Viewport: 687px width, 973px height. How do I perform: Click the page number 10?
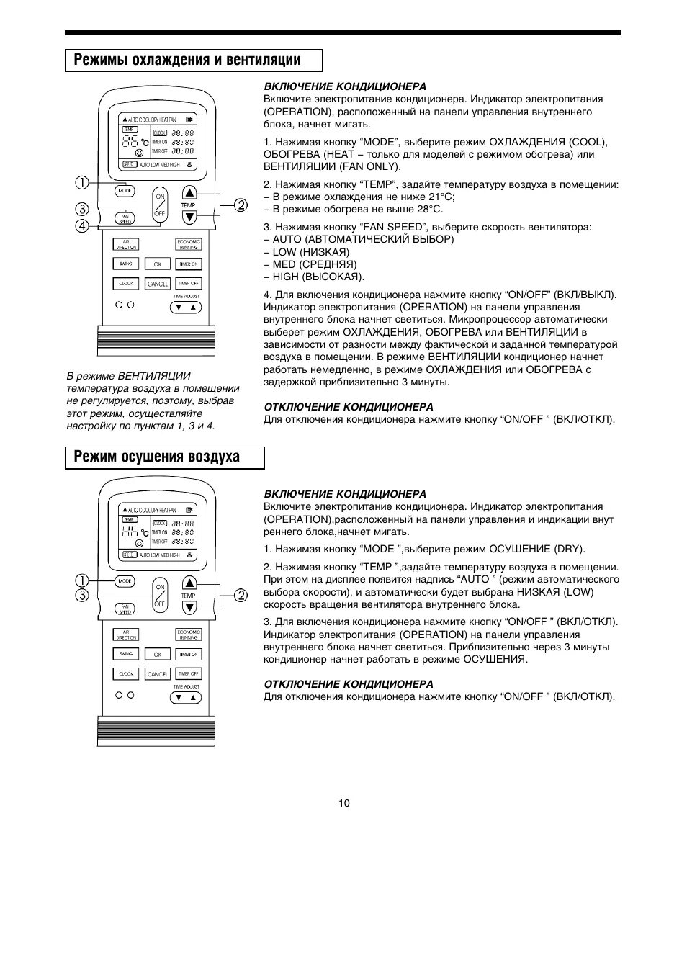coord(344,803)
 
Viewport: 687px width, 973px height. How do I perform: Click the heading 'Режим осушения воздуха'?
coord(157,457)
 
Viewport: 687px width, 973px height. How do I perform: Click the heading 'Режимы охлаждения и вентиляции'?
coord(187,60)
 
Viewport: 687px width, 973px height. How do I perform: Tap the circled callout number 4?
coord(84,226)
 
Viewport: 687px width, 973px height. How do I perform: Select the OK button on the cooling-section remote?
coord(158,264)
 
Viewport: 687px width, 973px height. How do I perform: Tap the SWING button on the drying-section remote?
coord(126,654)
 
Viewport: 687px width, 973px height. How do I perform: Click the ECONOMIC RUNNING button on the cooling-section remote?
coord(189,245)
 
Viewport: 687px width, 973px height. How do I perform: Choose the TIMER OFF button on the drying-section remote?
coord(189,673)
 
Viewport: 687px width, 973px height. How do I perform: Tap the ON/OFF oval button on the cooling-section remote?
coord(160,205)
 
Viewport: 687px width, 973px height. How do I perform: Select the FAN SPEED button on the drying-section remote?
coord(125,609)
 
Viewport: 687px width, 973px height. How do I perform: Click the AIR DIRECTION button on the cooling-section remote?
coord(126,245)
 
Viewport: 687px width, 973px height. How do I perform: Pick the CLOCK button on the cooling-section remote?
coord(126,284)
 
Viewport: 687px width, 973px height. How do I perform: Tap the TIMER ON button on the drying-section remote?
coord(189,654)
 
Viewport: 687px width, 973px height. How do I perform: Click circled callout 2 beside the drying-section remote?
coord(240,595)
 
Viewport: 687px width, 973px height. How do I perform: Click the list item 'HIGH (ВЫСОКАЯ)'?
coord(314,277)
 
